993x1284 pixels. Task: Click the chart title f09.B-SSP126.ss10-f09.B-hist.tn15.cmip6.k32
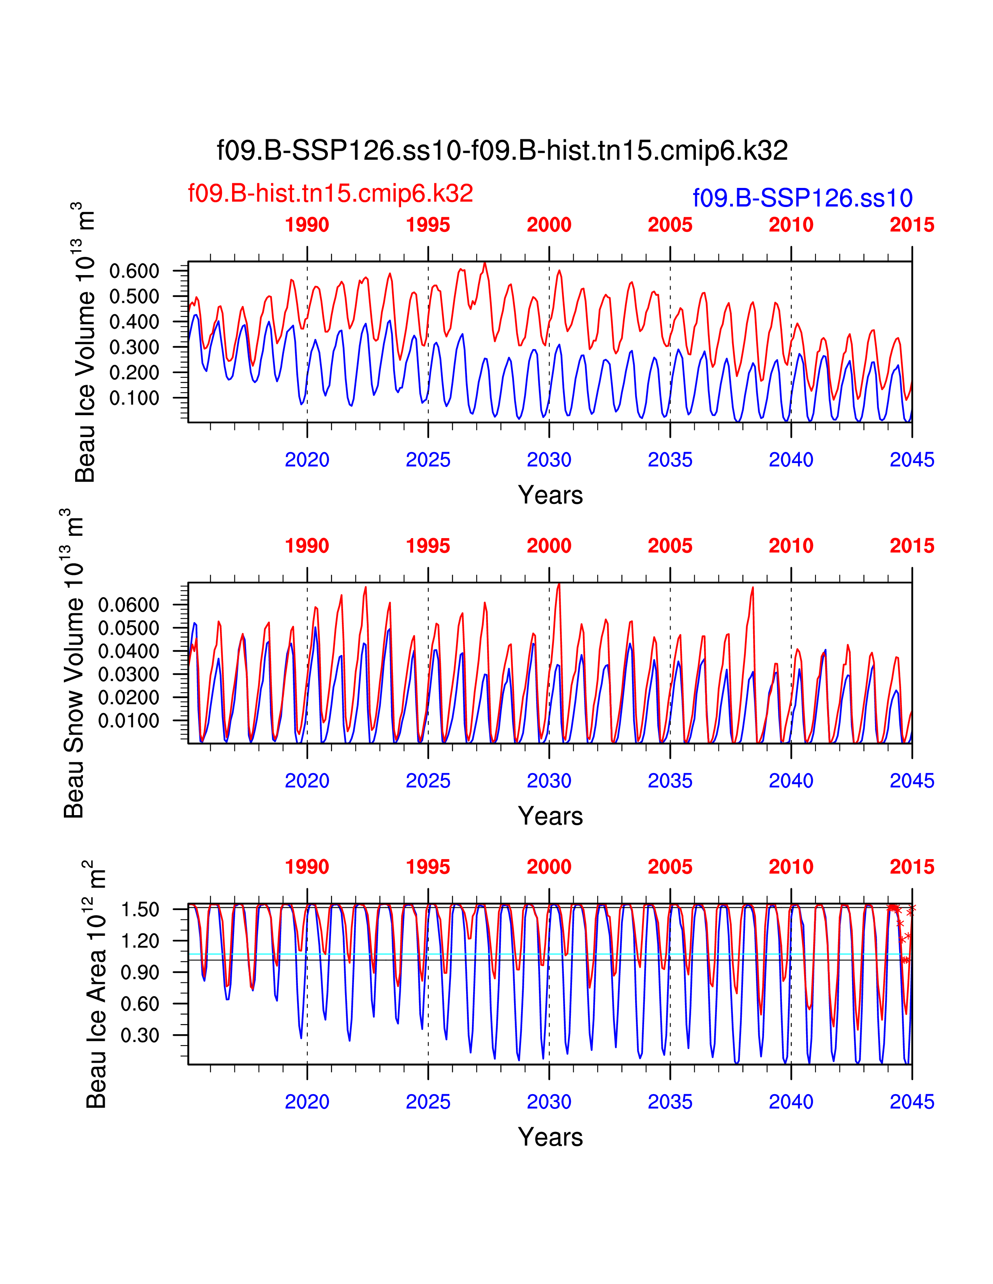pos(502,151)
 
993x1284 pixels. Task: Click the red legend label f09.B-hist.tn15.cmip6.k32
pos(330,193)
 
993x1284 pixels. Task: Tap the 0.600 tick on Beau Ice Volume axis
pos(134,271)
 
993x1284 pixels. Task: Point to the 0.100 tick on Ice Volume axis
pos(134,398)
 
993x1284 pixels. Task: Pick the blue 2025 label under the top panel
pos(428,460)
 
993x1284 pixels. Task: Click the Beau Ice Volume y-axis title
pos(85,342)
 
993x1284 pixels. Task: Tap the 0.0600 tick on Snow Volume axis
pos(128,605)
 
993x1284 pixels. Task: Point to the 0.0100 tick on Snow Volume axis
pos(128,721)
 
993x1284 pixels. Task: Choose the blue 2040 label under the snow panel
pos(791,781)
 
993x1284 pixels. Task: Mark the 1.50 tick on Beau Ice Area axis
pos(140,910)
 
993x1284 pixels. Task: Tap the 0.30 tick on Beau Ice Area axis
pos(140,1035)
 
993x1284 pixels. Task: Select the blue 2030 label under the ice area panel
pos(549,1102)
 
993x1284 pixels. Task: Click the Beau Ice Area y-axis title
pos(96,985)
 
